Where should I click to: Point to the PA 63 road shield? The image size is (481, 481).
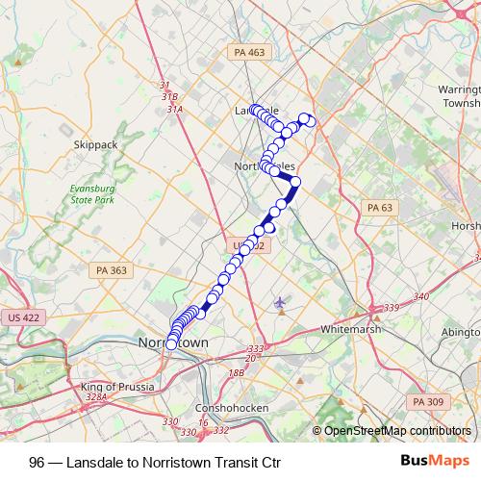tap(381, 208)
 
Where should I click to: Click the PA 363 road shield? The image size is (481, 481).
tap(112, 270)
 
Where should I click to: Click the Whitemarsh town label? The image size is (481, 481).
tap(351, 328)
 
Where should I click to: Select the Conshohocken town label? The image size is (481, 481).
tap(223, 406)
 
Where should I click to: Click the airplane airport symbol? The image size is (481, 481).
tap(280, 303)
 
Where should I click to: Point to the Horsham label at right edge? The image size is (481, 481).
tap(466, 226)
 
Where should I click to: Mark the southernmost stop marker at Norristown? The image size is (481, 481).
tap(171, 344)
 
